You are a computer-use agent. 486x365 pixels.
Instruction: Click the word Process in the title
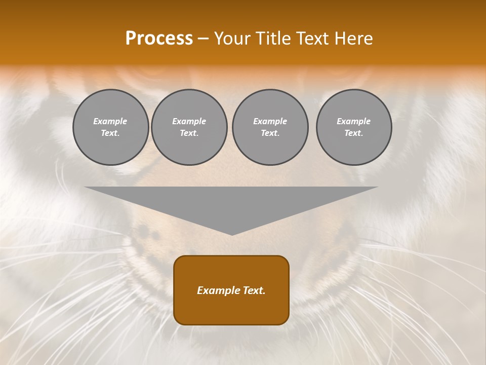pos(159,39)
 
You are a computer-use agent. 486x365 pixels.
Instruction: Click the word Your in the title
pos(231,39)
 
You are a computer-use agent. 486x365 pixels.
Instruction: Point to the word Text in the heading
pos(313,39)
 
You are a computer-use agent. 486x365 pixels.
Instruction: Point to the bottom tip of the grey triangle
pos(232,234)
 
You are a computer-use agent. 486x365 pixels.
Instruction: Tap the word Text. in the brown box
pos(253,290)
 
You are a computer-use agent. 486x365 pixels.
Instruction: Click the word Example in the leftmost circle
pos(110,121)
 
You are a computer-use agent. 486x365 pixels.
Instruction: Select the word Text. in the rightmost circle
pos(353,133)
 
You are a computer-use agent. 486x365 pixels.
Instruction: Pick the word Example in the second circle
pos(189,121)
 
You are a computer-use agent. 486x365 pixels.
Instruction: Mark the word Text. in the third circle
pos(270,133)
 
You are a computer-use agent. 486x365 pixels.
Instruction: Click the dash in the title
pos(203,39)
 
